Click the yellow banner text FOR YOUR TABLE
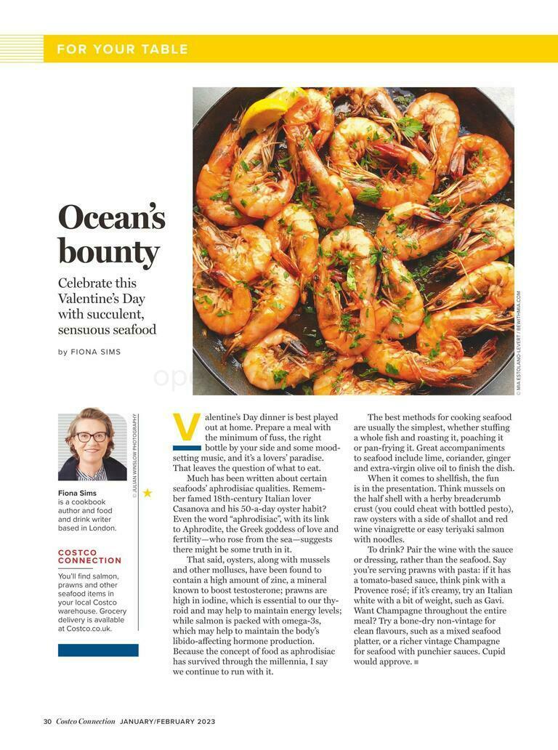(122, 49)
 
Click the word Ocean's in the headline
(112, 217)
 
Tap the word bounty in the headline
(108, 252)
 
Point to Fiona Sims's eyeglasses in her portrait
(92, 437)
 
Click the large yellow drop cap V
(186, 428)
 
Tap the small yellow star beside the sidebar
(147, 493)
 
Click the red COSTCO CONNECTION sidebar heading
(89, 557)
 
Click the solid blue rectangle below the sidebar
(98, 650)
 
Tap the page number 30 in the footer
(47, 722)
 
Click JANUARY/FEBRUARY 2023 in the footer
(168, 722)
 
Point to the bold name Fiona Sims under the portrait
(78, 493)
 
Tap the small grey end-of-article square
(416, 662)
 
